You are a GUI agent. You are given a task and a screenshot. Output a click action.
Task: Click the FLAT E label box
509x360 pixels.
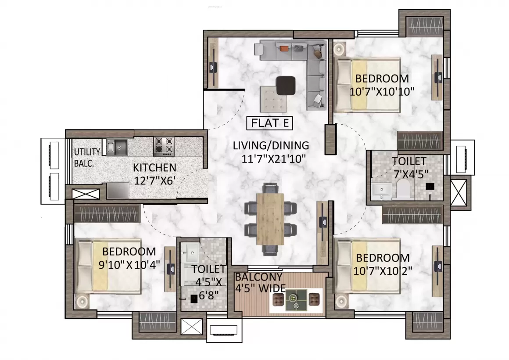coord(269,123)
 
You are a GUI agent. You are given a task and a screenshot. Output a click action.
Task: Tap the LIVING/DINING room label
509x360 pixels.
coord(271,145)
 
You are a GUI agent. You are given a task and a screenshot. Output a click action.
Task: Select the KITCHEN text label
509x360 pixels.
coord(154,168)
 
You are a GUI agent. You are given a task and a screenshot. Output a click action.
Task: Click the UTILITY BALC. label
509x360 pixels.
coord(87,158)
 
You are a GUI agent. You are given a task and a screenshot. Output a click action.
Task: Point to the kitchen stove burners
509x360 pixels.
coord(164,145)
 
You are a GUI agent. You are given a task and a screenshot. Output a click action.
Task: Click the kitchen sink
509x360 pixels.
coord(117,147)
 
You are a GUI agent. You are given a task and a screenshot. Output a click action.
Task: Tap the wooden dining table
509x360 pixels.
coord(270,219)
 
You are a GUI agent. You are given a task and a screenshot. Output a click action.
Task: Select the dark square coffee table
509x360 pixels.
coord(286,86)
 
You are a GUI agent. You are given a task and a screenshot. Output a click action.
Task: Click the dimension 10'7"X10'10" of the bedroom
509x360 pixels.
coord(382,92)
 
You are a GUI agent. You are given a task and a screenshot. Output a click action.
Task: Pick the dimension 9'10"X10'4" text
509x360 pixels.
coord(129,264)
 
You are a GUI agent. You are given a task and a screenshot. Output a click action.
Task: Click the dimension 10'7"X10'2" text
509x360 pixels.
coord(383,270)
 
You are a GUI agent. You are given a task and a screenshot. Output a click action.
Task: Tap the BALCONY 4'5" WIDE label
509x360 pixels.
coord(260,282)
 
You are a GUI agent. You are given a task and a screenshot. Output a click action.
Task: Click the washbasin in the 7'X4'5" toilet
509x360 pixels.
coord(382,191)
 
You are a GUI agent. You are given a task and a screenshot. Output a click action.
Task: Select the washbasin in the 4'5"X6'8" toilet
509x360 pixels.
coord(190,252)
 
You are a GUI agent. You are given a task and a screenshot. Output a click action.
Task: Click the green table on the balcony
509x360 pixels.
coord(296,300)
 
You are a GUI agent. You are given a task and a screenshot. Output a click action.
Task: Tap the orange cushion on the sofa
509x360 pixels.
coord(284,49)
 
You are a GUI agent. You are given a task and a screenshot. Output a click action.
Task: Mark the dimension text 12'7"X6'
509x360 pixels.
coord(155,180)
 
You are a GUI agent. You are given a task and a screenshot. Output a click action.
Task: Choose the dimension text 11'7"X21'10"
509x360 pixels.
coord(274,159)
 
